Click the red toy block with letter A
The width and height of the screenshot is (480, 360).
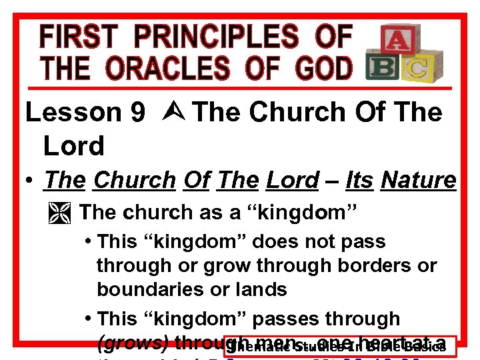395,41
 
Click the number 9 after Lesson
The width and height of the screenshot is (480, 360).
138,113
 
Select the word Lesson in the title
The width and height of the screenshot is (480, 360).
73,113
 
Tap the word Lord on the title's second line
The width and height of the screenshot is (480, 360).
73,145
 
